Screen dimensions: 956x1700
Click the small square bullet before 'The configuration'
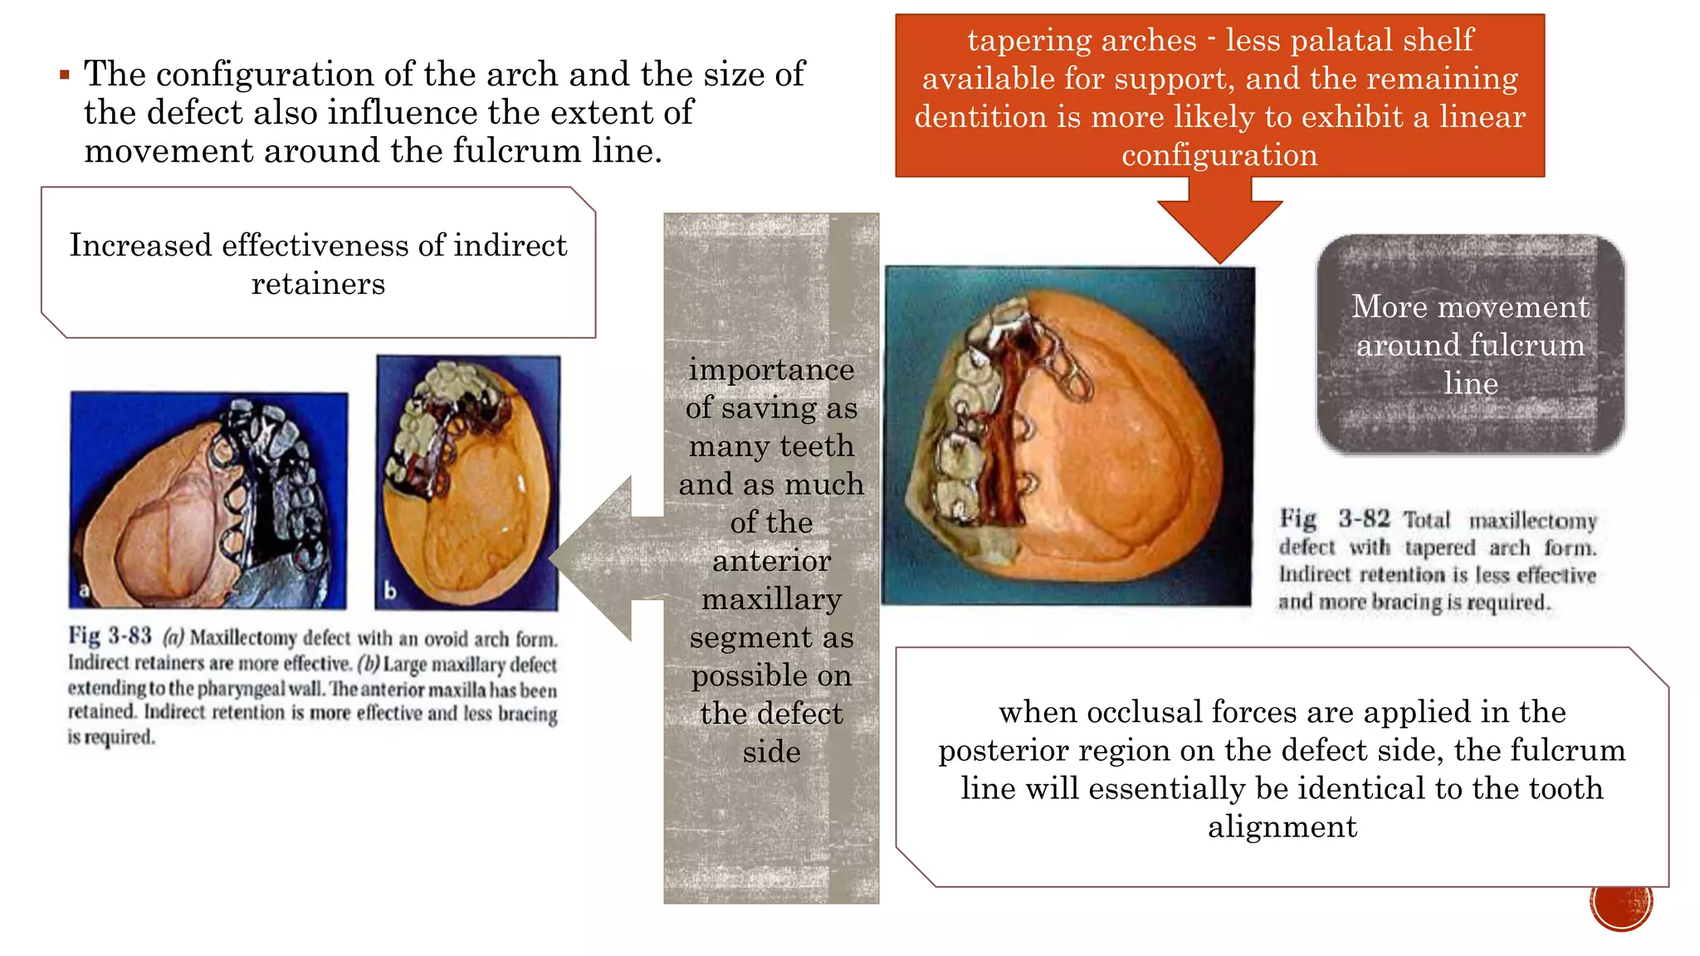point(65,76)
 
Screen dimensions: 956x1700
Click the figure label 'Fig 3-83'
point(110,637)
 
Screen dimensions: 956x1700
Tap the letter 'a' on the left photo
point(84,591)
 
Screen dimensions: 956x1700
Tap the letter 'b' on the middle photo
point(390,591)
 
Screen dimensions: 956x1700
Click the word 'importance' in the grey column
point(771,369)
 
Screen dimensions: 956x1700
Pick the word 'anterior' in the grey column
point(771,561)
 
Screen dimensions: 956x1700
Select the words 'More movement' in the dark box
point(1470,307)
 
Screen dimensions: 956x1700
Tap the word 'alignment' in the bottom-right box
point(1282,827)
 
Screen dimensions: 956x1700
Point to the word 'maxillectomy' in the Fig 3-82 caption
point(1532,521)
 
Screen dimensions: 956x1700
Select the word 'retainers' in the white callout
point(318,284)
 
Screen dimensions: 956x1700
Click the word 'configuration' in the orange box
point(1219,155)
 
